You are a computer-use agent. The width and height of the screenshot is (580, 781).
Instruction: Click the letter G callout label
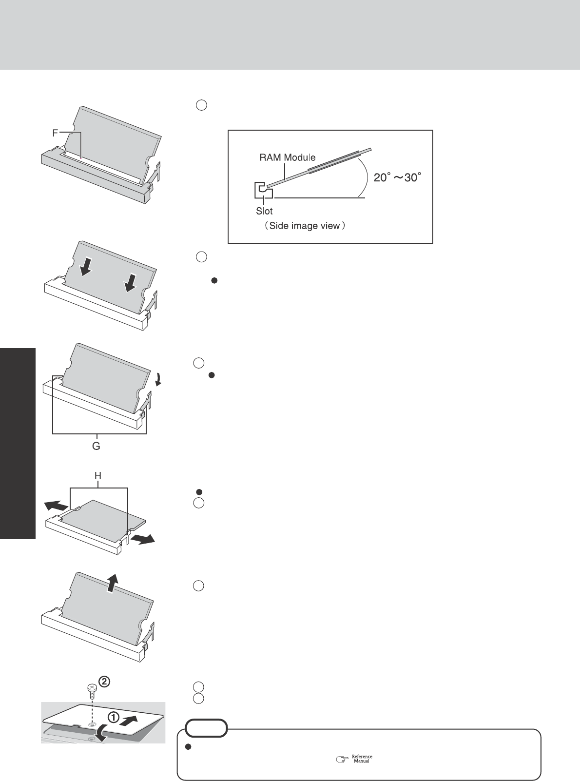[97, 446]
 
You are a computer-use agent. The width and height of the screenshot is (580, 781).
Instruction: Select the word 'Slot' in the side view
[265, 211]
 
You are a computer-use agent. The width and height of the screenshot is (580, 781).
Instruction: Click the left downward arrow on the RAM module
[85, 266]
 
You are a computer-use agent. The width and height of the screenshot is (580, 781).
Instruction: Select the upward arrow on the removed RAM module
[112, 583]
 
